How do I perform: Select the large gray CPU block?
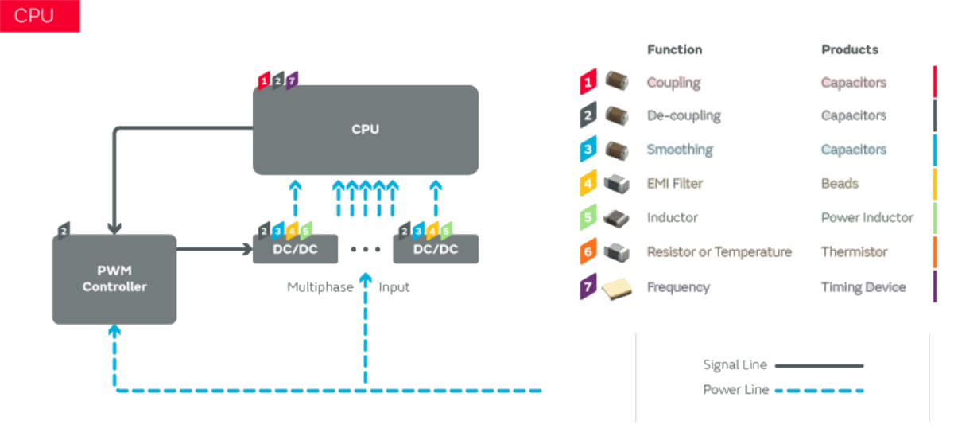pyautogui.click(x=365, y=130)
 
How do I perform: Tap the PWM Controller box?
pyautogui.click(x=114, y=279)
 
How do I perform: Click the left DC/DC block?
pyautogui.click(x=295, y=249)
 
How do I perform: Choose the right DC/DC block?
pyautogui.click(x=436, y=249)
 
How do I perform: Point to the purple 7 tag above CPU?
pyautogui.click(x=292, y=80)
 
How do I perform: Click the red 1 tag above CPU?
pyautogui.click(x=264, y=80)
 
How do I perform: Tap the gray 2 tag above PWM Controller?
pyautogui.click(x=64, y=230)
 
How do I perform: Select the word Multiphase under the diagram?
pyautogui.click(x=320, y=287)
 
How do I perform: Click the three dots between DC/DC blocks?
pyautogui.click(x=366, y=250)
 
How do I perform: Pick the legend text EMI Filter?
pyautogui.click(x=675, y=184)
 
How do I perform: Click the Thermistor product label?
pyautogui.click(x=854, y=252)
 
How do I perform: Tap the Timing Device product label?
pyautogui.click(x=863, y=287)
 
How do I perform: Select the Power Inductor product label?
pyautogui.click(x=867, y=218)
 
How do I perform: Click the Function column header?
pyautogui.click(x=674, y=49)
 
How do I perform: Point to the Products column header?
pyautogui.click(x=850, y=49)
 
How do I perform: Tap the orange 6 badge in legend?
pyautogui.click(x=588, y=252)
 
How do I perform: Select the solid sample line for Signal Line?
pyautogui.click(x=818, y=366)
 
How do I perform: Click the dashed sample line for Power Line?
pyautogui.click(x=818, y=390)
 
